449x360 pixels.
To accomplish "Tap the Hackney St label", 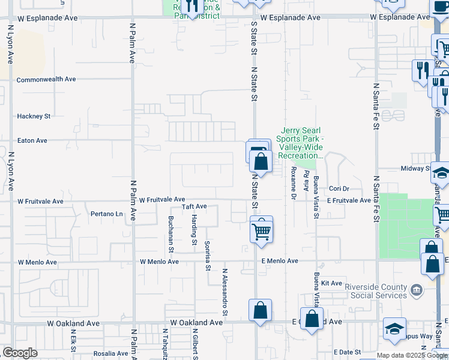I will point(34,116).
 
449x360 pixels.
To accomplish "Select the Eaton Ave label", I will point(32,140).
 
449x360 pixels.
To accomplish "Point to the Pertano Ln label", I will point(106,214).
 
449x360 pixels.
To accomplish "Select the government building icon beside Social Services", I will point(415,291).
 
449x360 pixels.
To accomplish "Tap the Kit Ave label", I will point(331,283).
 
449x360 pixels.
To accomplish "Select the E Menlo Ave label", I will point(280,261).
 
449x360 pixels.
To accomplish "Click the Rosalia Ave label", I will point(110,353).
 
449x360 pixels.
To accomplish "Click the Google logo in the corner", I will point(20,353).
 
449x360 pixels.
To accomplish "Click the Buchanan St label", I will point(171,233).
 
